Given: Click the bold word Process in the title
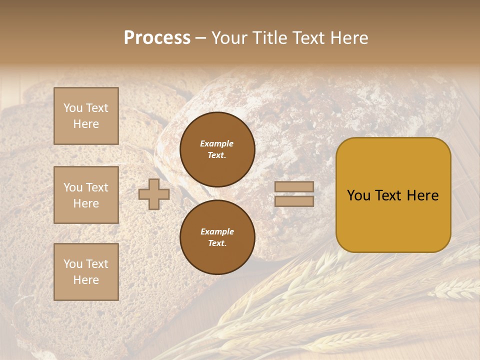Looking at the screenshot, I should [x=157, y=38].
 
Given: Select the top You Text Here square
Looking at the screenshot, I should [x=86, y=116].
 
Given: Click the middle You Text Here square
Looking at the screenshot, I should [x=86, y=195].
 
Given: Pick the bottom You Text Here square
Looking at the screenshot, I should [x=86, y=272].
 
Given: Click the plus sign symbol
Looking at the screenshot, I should [x=154, y=194].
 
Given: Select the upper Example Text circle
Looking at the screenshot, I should [x=217, y=149].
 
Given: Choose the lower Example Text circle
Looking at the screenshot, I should [x=217, y=237].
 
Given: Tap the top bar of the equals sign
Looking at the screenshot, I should [x=294, y=186].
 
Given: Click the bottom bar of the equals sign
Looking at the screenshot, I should [x=294, y=201].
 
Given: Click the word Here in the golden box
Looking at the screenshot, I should [x=422, y=195].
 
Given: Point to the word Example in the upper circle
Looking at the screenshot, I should [x=216, y=144].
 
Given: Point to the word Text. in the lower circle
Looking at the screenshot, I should [x=217, y=243].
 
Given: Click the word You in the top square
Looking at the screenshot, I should [x=73, y=108].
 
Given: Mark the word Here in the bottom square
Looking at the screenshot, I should [x=86, y=280].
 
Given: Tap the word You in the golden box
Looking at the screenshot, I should [x=358, y=195].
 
